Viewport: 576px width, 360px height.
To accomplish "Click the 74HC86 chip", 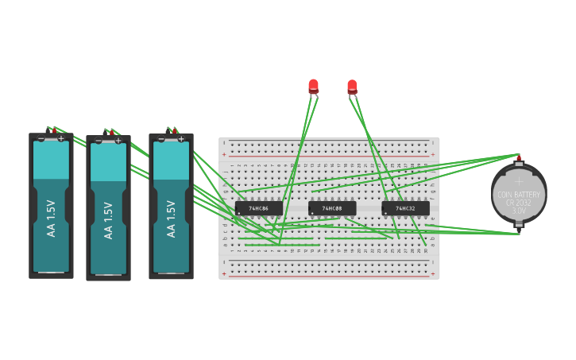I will coord(258,208).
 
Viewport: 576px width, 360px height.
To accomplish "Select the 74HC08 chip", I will coord(332,208).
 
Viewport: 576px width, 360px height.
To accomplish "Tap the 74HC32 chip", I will coord(405,208).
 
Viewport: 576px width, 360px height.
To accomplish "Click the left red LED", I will coord(314,86).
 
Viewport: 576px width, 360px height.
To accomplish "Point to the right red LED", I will coord(352,86).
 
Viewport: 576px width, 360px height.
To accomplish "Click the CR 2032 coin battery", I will coord(519,194).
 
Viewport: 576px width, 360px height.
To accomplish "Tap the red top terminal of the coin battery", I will coord(519,158).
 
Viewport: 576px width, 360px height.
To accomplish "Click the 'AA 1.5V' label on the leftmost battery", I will coord(51,218).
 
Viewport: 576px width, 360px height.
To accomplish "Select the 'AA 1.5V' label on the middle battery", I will coord(108,220).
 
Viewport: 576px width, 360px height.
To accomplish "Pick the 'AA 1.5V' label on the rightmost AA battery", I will coord(170,219).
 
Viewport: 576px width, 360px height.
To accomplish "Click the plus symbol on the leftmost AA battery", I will coord(61,138).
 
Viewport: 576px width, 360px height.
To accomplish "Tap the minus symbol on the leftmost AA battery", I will coord(41,138).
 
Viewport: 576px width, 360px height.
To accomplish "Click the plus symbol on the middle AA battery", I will coord(118,141).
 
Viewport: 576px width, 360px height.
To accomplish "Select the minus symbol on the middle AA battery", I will coord(99,141).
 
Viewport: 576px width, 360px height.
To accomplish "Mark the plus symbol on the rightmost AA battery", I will coord(181,139).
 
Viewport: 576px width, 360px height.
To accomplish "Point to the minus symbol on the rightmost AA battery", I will coord(161,139).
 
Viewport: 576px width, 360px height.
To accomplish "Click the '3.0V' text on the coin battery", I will coord(519,211).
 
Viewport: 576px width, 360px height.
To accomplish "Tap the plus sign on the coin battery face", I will coord(519,181).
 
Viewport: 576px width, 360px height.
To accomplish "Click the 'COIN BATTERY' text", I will coord(519,195).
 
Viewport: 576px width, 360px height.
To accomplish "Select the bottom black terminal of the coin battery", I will coord(519,225).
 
